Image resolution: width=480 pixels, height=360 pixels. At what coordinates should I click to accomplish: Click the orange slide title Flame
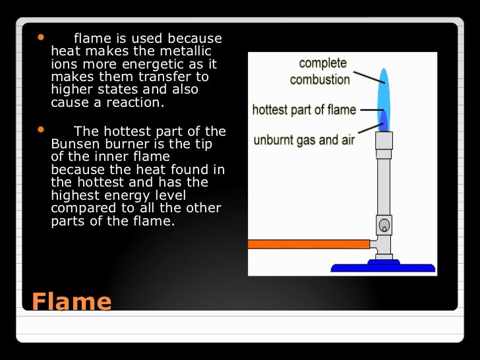click(x=71, y=301)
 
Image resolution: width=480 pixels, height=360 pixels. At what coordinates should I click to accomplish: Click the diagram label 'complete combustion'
click(x=320, y=71)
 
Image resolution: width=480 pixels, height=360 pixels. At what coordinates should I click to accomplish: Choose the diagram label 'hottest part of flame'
click(x=304, y=109)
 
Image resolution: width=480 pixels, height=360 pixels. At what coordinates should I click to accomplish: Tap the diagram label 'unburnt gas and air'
click(x=305, y=140)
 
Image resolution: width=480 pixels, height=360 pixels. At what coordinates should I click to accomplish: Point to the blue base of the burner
click(x=383, y=267)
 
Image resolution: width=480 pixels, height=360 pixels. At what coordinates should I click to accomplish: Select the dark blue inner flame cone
click(x=384, y=121)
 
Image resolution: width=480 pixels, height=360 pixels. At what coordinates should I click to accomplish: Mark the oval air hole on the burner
click(x=384, y=225)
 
